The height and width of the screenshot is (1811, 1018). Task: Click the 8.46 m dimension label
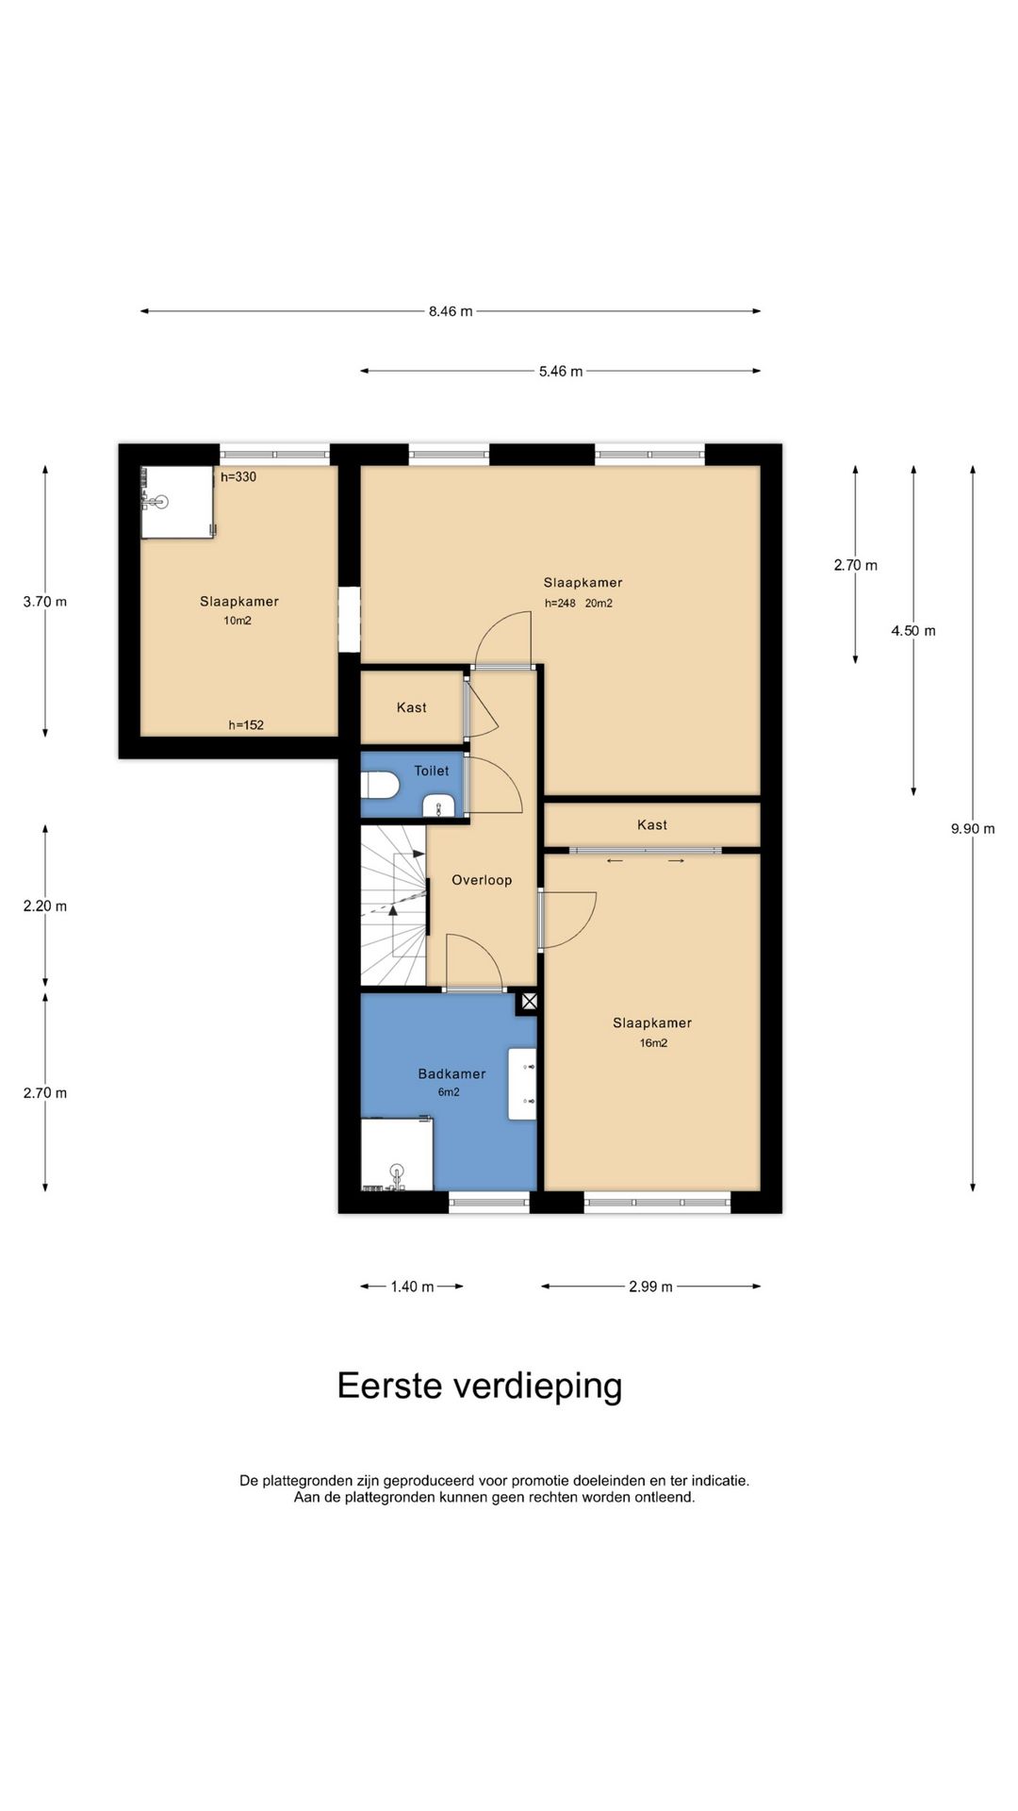pos(451,311)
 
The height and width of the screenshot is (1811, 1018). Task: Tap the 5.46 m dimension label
pos(561,372)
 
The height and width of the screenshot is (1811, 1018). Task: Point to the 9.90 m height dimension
pos(973,829)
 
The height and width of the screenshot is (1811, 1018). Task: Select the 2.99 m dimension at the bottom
pos(650,1287)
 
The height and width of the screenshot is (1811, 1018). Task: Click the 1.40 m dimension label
pos(412,1287)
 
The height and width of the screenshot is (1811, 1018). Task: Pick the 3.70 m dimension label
pos(45,602)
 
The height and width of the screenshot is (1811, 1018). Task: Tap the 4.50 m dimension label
pos(913,631)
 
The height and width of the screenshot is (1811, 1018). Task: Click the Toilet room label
pos(432,771)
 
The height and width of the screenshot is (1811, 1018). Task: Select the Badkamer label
pos(452,1073)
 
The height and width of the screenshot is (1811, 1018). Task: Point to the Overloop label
pos(482,880)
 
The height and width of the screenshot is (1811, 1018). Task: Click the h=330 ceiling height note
pos(238,477)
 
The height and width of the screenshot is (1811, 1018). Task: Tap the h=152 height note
pos(246,725)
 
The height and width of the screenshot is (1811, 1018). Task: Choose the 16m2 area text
pos(653,1043)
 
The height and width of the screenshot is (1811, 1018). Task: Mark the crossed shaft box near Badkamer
pos(530,1002)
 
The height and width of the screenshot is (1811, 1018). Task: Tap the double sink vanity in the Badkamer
pos(522,1084)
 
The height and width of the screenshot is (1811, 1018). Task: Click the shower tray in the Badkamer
pos(397,1154)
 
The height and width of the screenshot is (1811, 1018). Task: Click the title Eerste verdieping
pos(480,1387)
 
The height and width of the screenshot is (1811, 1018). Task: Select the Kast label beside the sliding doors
pos(652,825)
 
